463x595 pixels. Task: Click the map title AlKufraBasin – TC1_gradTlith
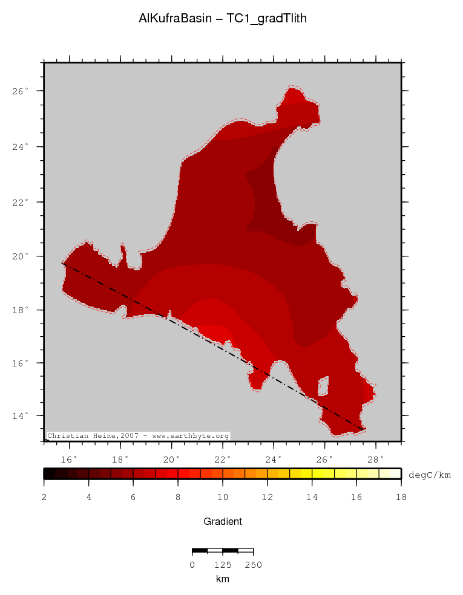[x=223, y=19]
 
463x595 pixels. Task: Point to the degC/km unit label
[x=430, y=474]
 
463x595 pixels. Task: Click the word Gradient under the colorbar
[x=223, y=521]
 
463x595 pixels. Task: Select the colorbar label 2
[x=44, y=497]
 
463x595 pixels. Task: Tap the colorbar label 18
[x=401, y=497]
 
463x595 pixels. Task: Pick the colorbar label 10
[x=223, y=497]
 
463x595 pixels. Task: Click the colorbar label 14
[x=312, y=497]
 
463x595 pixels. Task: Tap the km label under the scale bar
[x=222, y=579]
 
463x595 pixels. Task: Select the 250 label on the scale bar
[x=253, y=565]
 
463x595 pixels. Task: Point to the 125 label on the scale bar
[x=223, y=565]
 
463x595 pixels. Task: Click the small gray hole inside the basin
[x=323, y=385]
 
